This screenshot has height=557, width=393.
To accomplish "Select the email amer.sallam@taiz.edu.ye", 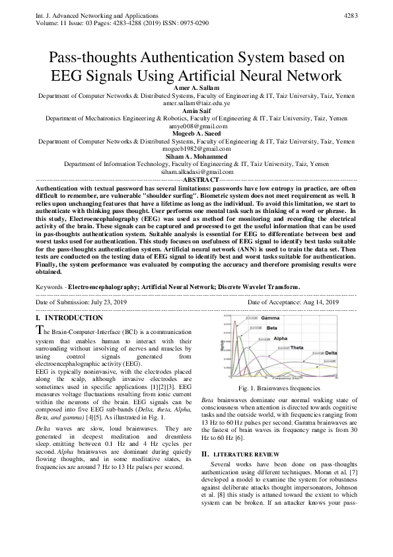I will point(196,104).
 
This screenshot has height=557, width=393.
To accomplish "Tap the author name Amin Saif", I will point(196,111).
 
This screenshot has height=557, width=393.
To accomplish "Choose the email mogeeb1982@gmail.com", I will point(196,149).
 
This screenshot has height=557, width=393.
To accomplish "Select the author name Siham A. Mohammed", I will point(196,157).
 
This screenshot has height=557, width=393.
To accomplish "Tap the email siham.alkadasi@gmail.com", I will point(196,171).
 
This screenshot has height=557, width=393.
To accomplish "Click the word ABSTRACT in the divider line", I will point(199,179).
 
